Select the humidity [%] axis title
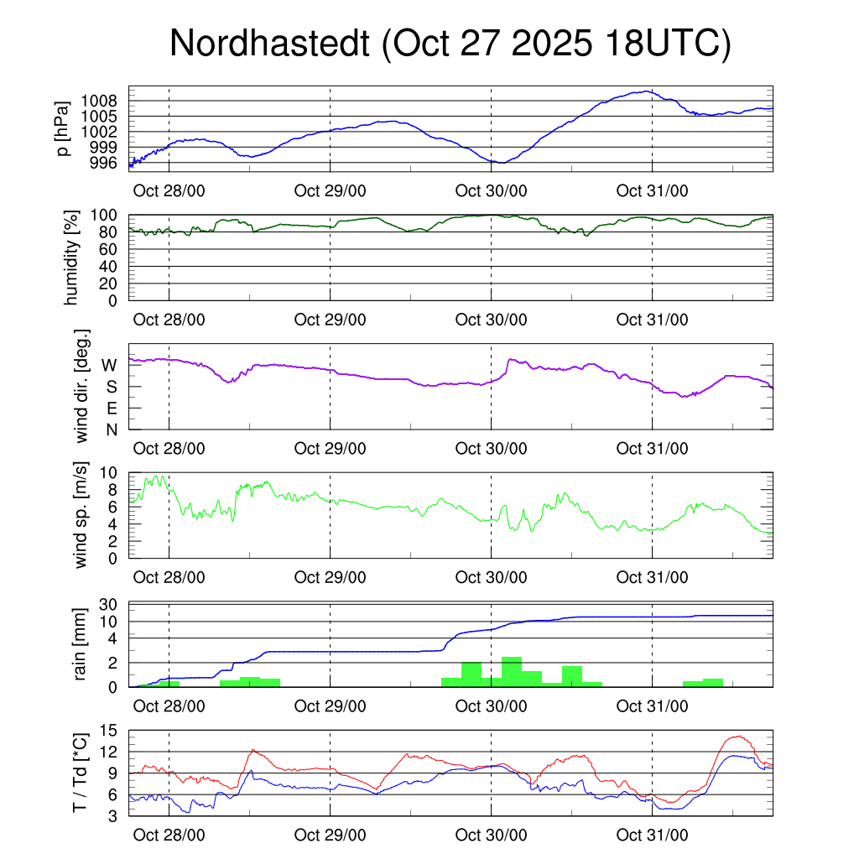(x=71, y=257)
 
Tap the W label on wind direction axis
(x=109, y=365)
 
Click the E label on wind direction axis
(x=111, y=409)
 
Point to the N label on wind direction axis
(x=111, y=429)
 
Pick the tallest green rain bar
(x=511, y=671)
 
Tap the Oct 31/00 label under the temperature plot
(x=652, y=836)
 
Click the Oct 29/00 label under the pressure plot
(x=330, y=190)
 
